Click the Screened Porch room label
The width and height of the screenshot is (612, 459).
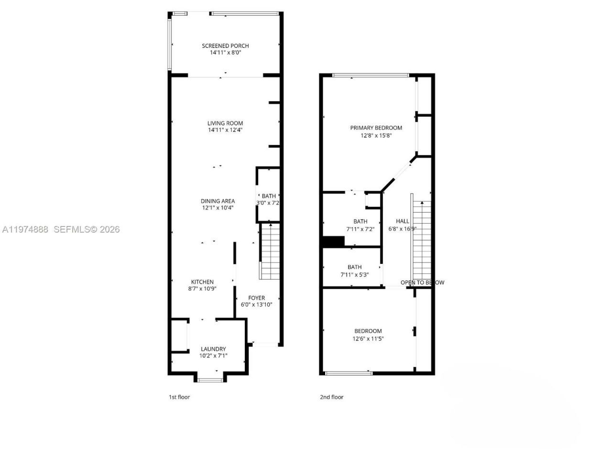[225, 46]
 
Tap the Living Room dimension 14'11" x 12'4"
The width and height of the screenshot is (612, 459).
[225, 130]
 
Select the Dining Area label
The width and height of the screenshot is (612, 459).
[218, 201]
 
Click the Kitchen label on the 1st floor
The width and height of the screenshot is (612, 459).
[202, 282]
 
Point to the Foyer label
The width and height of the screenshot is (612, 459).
[256, 298]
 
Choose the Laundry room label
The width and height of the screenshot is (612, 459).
[213, 349]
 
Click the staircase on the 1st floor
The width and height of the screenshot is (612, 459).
[270, 252]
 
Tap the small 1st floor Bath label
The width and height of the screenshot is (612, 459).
[269, 196]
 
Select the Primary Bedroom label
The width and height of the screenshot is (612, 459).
[376, 128]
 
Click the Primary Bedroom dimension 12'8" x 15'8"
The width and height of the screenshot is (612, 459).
[376, 135]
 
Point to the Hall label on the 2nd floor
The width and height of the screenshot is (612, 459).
[402, 221]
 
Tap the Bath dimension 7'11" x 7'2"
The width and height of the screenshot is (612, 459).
[360, 229]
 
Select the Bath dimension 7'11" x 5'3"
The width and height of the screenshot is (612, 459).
[354, 274]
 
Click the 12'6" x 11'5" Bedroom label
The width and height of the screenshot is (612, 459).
[368, 331]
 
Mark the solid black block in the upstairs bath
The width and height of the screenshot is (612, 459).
[333, 242]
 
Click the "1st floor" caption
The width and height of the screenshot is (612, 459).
[179, 397]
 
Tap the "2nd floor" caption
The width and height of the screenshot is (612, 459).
[331, 397]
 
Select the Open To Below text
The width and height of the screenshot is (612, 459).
[422, 283]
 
